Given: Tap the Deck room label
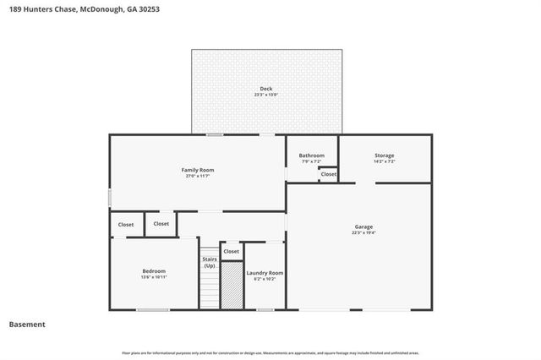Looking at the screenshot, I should tap(265, 89).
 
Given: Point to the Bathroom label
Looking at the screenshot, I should tap(311, 155).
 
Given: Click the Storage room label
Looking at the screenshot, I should tap(385, 155).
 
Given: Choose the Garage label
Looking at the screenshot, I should tap(363, 226).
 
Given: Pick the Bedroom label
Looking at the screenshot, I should tap(154, 270).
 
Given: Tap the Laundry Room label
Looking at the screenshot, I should tap(265, 273).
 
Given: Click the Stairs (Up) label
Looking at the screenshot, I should tap(209, 263).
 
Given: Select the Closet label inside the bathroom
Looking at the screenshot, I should tap(328, 174).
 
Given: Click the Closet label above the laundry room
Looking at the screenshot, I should tap(231, 251).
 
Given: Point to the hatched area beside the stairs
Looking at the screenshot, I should tap(232, 285).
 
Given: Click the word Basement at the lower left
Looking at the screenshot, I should tap(27, 325).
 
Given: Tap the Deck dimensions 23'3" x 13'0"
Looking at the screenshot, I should tap(265, 95).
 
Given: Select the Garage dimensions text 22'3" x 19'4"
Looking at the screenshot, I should tap(363, 233).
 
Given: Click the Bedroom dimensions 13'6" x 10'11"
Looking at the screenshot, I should tap(154, 277).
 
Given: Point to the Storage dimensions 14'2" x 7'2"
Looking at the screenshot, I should tap(385, 161).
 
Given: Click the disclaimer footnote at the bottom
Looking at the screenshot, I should tap(270, 352).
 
